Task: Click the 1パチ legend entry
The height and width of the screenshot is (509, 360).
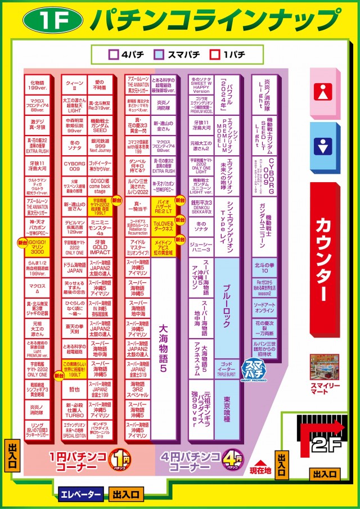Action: click(227, 56)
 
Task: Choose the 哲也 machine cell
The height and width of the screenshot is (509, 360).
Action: click(74, 389)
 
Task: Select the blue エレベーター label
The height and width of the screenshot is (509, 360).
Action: click(80, 494)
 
